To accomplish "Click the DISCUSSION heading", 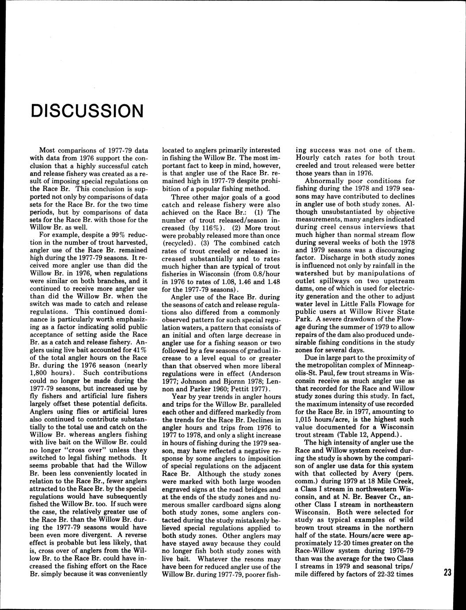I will coord(87,111).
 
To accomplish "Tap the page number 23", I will coord(447,573).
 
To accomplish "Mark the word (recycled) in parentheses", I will coord(180,243).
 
